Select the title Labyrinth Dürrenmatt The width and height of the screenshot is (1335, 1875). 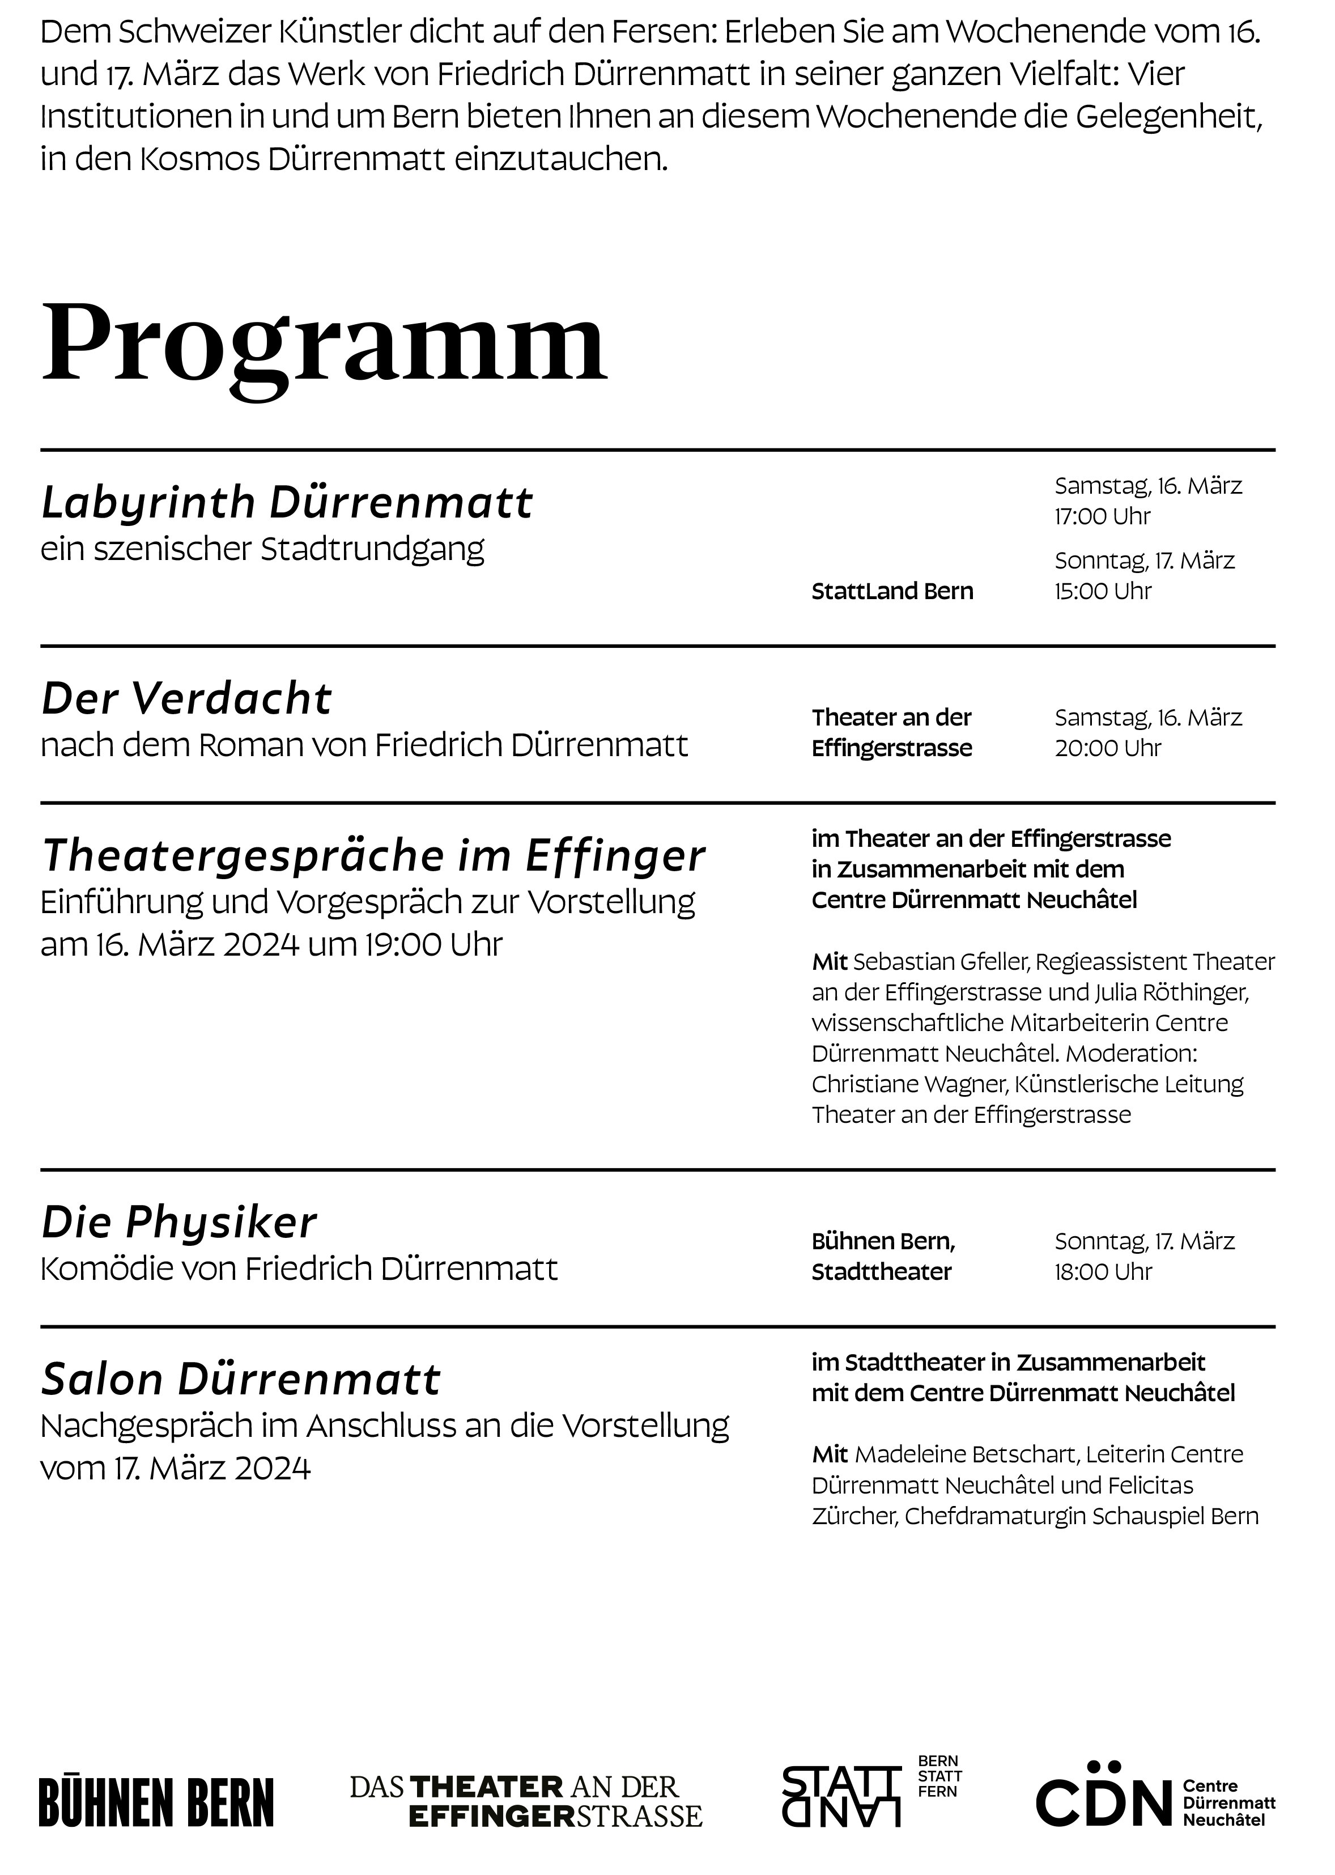[287, 502]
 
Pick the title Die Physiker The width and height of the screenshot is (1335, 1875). [179, 1223]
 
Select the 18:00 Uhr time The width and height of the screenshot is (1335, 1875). [1103, 1272]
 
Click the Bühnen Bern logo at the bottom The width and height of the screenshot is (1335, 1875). [156, 1802]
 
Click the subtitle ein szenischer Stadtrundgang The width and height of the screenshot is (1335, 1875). [262, 549]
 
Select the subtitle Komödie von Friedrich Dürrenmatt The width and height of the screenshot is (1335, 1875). [299, 1270]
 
